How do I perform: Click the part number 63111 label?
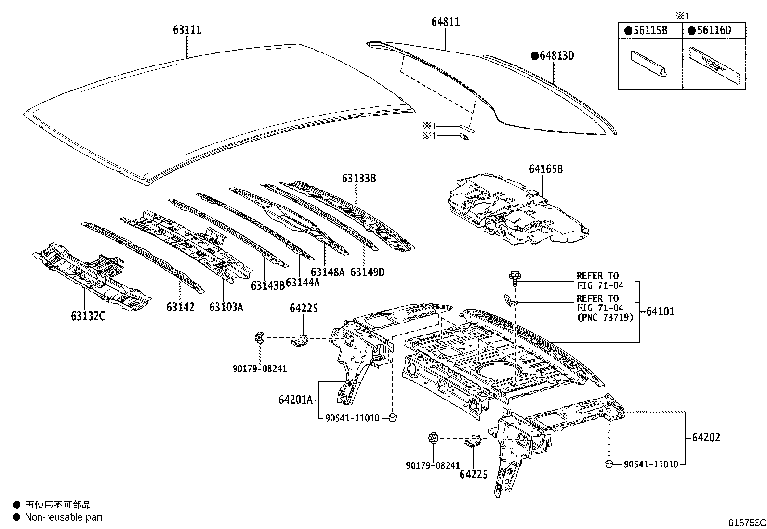pyautogui.click(x=187, y=30)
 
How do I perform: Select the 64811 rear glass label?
pyautogui.click(x=445, y=22)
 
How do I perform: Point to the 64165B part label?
pyautogui.click(x=545, y=169)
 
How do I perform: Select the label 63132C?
pyautogui.click(x=88, y=316)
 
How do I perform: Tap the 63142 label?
pyautogui.click(x=180, y=307)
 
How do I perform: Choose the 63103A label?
pyautogui.click(x=226, y=307)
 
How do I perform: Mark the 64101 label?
pyautogui.click(x=660, y=311)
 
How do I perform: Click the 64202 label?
pyautogui.click(x=706, y=438)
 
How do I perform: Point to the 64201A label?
pyautogui.click(x=295, y=399)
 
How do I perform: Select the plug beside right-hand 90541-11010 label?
pyautogui.click(x=608, y=464)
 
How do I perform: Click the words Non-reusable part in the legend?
pyautogui.click(x=64, y=517)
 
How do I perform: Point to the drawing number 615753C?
pyautogui.click(x=746, y=522)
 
